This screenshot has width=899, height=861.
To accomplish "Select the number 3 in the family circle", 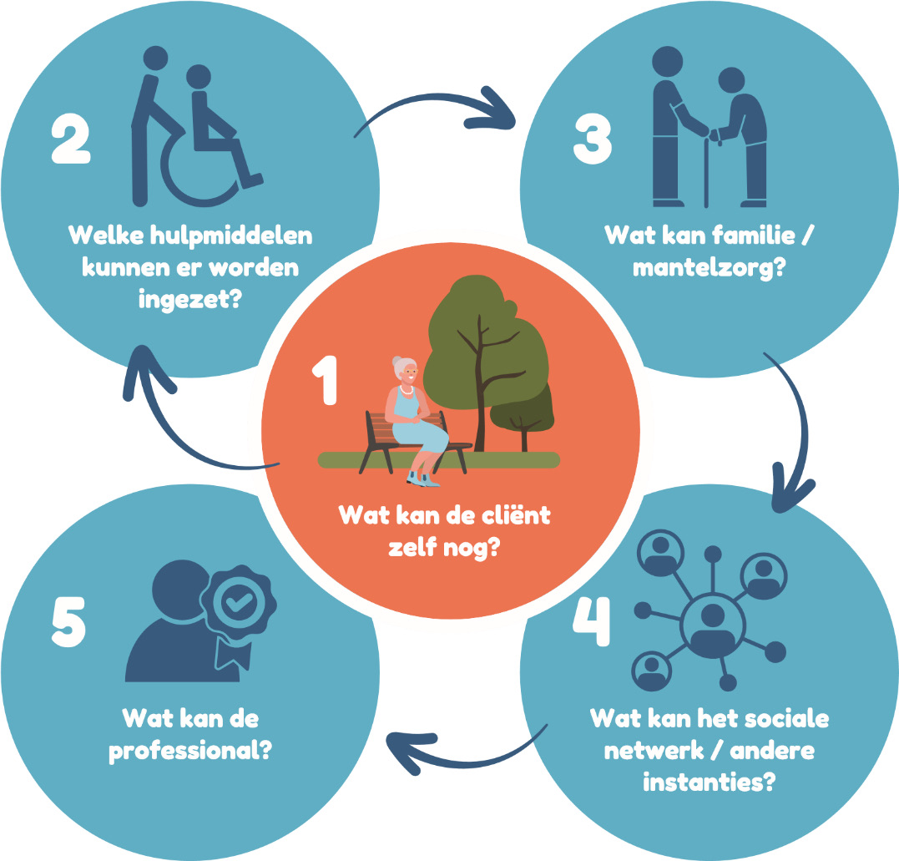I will click(594, 139).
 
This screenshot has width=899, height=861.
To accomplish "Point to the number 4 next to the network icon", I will click(592, 622).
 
